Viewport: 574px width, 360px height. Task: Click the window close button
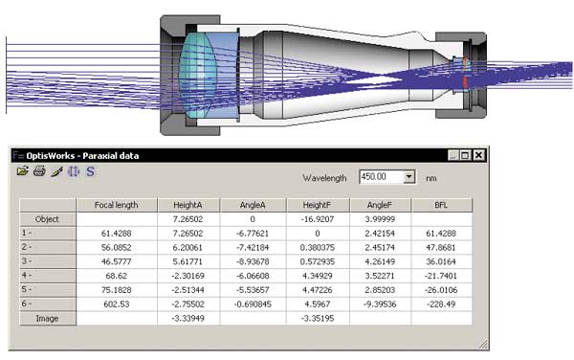pos(478,155)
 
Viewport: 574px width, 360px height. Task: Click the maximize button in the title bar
pos(465,155)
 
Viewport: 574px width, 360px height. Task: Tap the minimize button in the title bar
pos(453,155)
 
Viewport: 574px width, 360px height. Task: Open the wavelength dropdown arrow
pos(408,177)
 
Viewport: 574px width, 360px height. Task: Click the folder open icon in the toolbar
pos(22,170)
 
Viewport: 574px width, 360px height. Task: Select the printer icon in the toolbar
pos(39,170)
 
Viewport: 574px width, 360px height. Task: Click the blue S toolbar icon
pos(90,171)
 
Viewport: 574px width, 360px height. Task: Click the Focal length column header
pos(117,205)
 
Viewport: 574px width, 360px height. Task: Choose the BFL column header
pos(441,205)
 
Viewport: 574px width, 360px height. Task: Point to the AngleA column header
pos(253,205)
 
